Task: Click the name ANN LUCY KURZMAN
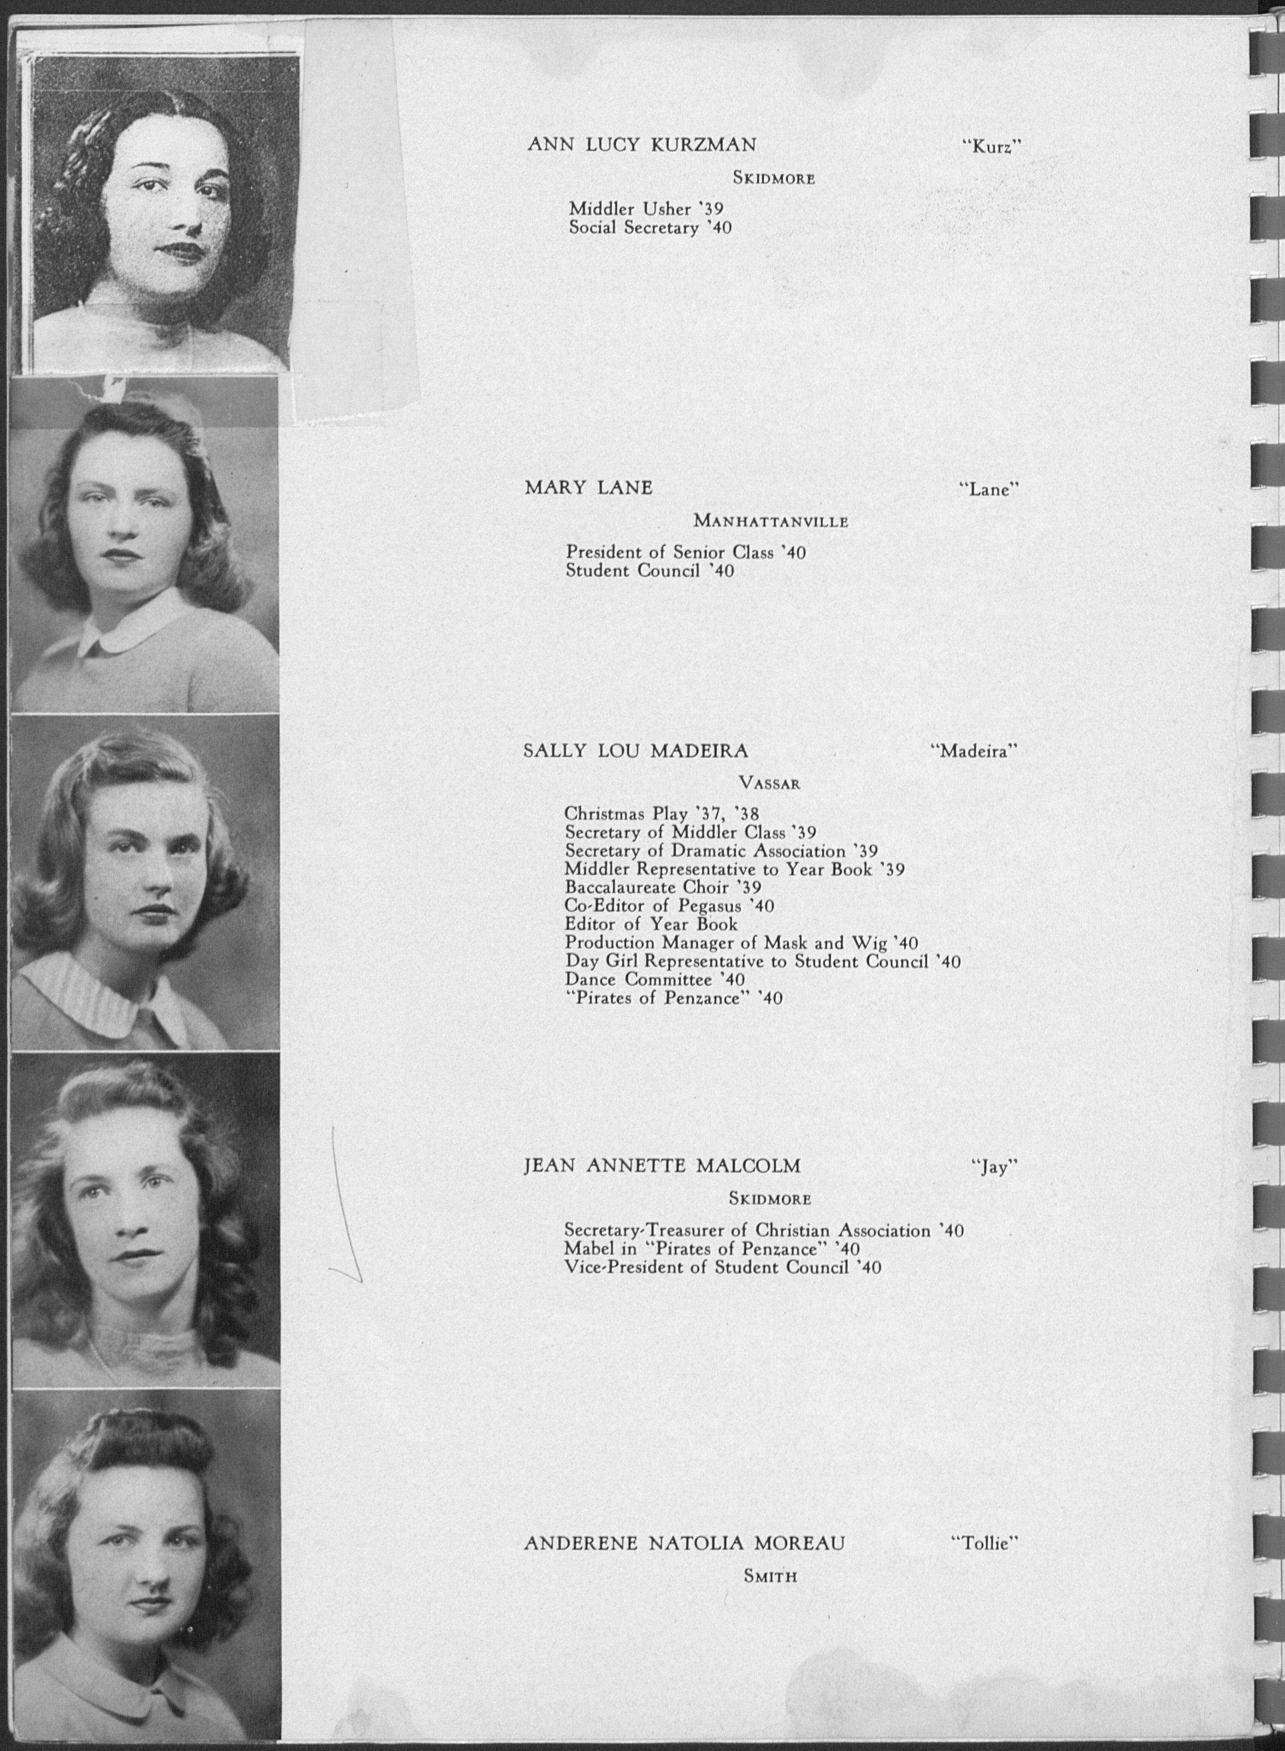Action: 642,145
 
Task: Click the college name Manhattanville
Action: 770,521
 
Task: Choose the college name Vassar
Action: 769,784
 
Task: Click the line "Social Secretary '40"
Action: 650,228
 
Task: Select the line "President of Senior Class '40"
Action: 685,552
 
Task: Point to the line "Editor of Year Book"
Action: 651,924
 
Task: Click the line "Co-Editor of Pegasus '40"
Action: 669,905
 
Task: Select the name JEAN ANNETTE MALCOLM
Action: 662,1166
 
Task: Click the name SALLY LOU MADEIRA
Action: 635,751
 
